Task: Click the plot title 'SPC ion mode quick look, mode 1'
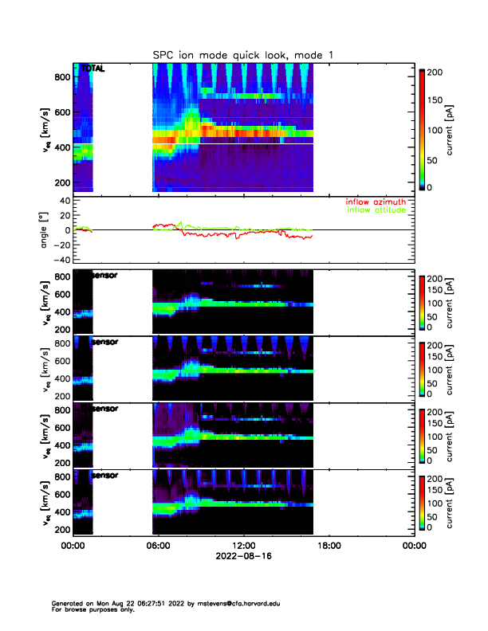pyautogui.click(x=243, y=54)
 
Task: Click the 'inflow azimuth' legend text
pyautogui.click(x=376, y=202)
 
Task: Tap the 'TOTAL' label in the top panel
pyautogui.click(x=92, y=69)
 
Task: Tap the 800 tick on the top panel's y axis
pyautogui.click(x=61, y=77)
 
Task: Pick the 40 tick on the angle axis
pyautogui.click(x=63, y=201)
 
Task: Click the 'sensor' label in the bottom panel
pyautogui.click(x=106, y=476)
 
